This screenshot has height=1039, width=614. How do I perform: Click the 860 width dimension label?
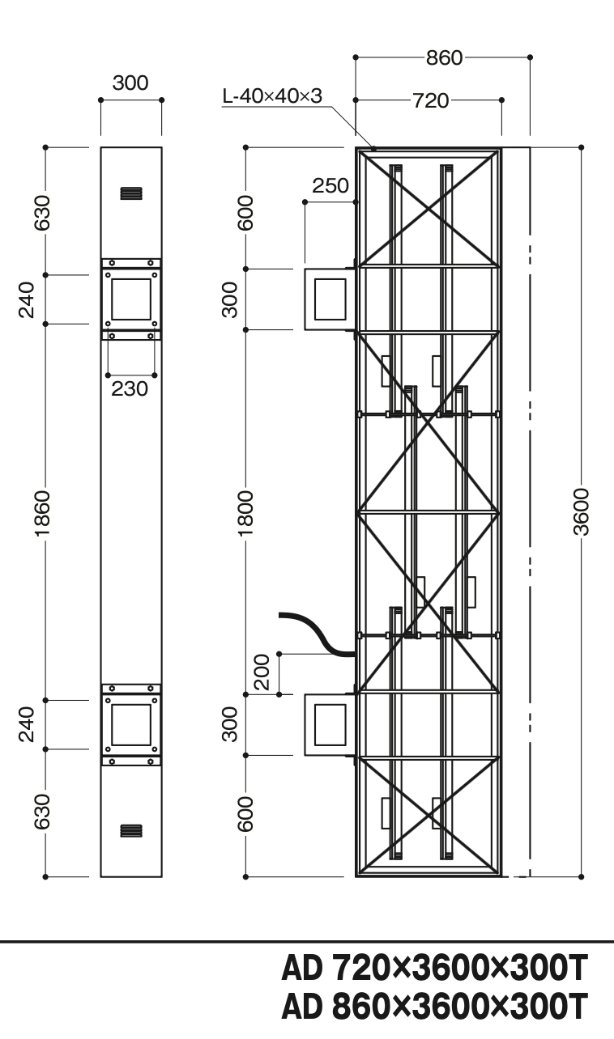pos(444,58)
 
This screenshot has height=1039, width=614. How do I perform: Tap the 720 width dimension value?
pos(431,100)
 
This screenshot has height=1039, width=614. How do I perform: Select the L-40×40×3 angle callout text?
pos(272,96)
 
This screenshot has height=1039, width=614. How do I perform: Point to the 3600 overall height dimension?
pos(581,511)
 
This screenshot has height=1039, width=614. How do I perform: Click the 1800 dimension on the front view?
pos(245,513)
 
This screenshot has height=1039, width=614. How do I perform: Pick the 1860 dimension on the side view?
pos(42,513)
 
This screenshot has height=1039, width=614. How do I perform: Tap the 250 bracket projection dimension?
pos(330,185)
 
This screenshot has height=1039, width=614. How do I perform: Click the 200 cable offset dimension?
pos(262,672)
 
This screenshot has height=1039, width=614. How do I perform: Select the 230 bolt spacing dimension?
pos(130,388)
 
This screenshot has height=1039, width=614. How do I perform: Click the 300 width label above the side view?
pos(130,83)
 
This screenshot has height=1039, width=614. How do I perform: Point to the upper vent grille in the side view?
pos(131,193)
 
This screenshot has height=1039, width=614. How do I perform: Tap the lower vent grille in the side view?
pos(131,831)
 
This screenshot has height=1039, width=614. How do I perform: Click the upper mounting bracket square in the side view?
pos(131,299)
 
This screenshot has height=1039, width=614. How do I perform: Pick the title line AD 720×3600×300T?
pos(435,968)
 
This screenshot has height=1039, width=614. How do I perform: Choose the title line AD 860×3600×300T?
pos(435,1007)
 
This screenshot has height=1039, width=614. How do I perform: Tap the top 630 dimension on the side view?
pos(42,213)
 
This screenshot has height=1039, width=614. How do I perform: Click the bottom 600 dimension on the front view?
pos(245,814)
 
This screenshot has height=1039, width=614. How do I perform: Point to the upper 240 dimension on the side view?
pos(27,299)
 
